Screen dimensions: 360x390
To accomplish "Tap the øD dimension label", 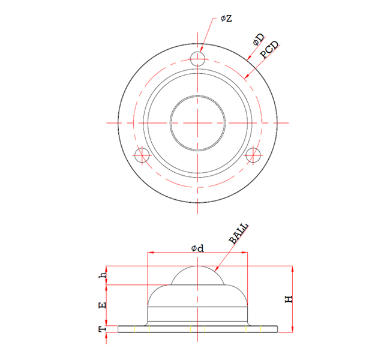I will (258, 40).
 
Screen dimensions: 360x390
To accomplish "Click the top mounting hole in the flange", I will (198, 58).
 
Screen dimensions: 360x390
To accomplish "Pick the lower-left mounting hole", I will (142, 155).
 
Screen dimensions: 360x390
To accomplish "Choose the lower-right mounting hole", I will (253, 155).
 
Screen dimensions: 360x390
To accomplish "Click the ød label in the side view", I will (197, 247).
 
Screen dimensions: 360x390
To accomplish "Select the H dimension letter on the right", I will (289, 298).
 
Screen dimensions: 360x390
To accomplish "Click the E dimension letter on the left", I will (103, 305).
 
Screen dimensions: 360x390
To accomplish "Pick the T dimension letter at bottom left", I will (103, 329).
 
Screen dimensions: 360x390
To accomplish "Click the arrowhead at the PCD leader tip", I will (247, 77).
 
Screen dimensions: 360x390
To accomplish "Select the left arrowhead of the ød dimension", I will (150, 253).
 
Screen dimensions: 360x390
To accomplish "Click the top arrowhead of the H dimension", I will (293, 268).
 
